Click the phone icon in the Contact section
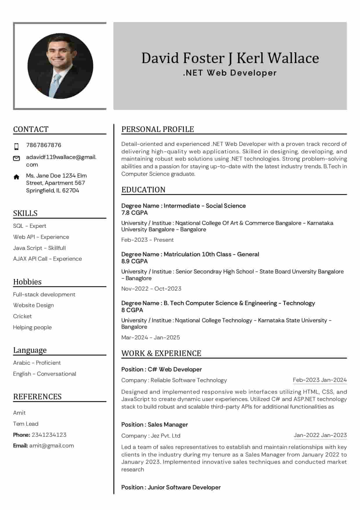coord(17,146)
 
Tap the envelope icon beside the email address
coord(17,158)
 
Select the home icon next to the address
coord(17,177)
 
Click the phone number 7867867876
coord(44,145)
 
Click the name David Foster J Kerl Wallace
coord(230,58)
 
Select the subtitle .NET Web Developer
coord(230,73)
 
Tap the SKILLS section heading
coord(25,213)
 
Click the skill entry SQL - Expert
coord(30,226)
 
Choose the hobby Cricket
coord(22,316)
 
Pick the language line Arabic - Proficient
coord(37,363)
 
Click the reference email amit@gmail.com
coord(51,445)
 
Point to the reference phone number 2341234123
coord(49,434)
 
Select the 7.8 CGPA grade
coord(134,213)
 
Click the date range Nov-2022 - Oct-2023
coord(151,289)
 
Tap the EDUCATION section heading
coord(143,189)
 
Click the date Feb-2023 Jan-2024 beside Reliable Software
coord(320,380)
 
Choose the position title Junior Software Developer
coord(184,487)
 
